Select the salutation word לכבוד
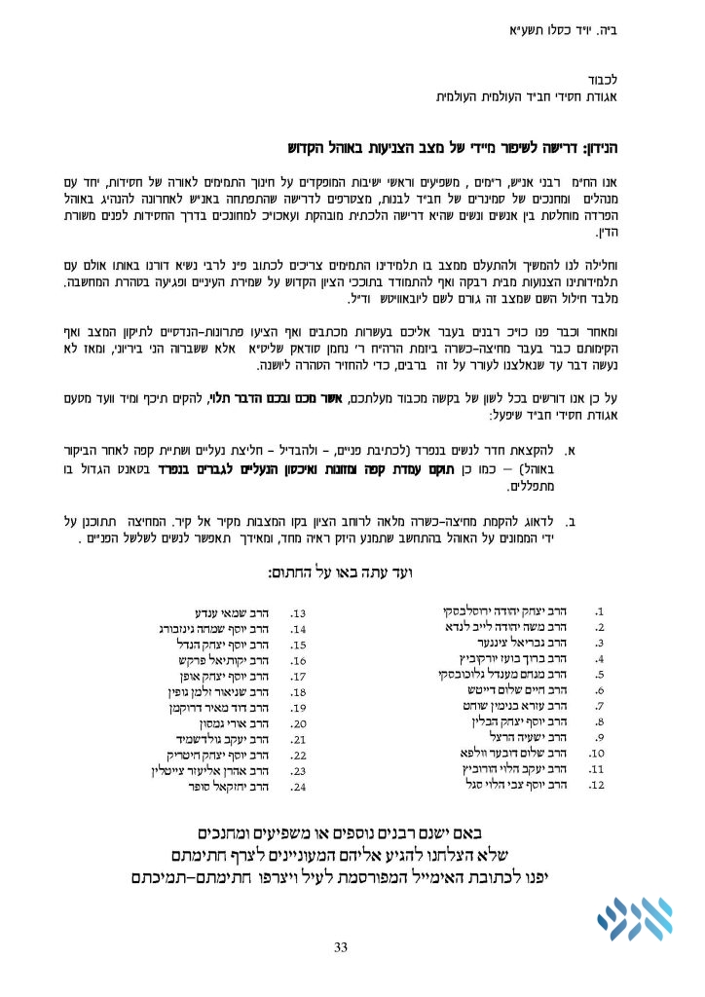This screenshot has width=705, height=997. (617, 77)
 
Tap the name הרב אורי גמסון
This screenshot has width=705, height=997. (230, 724)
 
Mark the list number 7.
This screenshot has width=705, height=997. (600, 706)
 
